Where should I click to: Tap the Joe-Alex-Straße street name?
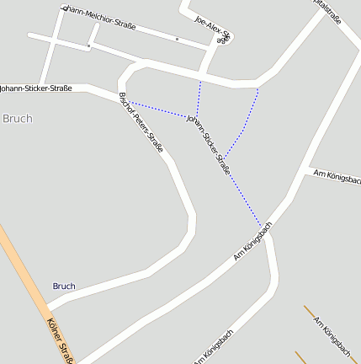(213, 29)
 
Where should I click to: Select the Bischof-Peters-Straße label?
(141, 121)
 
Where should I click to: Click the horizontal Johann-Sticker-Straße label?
(36, 88)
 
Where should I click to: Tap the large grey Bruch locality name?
(18, 119)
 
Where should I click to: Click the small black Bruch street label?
(64, 286)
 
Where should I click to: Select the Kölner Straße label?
(61, 340)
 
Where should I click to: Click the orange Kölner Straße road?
(25, 278)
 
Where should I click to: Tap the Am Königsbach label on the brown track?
(332, 335)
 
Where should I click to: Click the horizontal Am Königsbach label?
(336, 176)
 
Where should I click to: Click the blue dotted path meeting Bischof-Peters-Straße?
(160, 110)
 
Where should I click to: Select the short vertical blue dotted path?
(199, 98)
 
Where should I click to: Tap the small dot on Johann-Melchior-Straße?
(177, 39)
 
